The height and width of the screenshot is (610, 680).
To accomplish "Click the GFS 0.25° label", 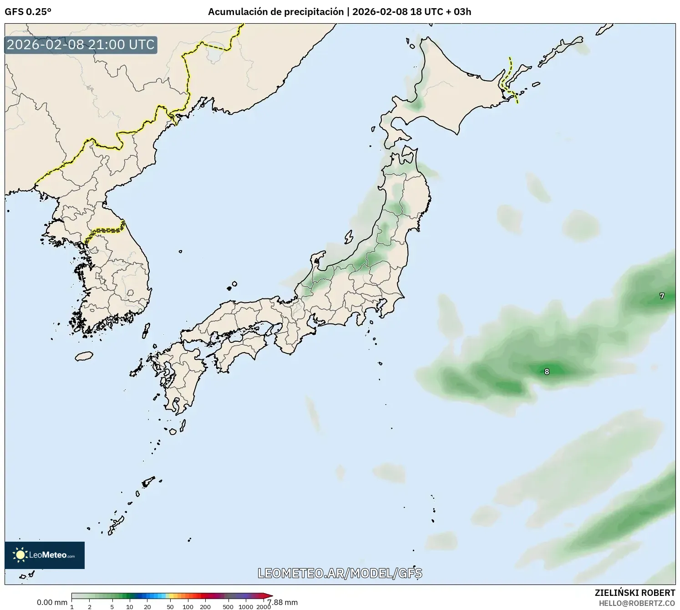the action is pos(28,12).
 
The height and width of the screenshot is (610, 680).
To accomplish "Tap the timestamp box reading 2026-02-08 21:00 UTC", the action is pos(81,45).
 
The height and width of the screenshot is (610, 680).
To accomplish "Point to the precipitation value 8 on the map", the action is pos(547,372).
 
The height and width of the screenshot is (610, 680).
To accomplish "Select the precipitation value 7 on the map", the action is pos(662,296).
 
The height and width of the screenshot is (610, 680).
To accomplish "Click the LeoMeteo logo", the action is pos(45,555).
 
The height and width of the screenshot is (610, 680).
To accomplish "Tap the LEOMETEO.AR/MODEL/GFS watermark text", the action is pos(340,573).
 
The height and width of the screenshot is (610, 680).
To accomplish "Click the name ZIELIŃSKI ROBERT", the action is pos(635,593).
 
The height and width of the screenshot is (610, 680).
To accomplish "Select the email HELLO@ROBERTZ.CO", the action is pos(637,603).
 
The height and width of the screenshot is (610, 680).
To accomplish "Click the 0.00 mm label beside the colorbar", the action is pos(52,602).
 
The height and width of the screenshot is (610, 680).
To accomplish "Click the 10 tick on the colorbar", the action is pos(130,607).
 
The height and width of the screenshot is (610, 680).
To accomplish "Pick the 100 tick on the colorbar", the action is pos(188,607).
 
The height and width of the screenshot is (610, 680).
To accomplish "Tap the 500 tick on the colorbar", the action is pos(228,607).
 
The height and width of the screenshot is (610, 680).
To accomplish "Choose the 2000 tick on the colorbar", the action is pos(264,607).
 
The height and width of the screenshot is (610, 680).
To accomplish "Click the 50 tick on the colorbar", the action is pos(170,607).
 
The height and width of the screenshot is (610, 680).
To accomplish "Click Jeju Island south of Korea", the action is pos(84,356).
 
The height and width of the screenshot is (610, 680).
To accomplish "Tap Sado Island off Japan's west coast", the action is pos(349,237).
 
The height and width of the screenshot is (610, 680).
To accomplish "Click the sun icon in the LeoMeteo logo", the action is pos(20,555).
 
